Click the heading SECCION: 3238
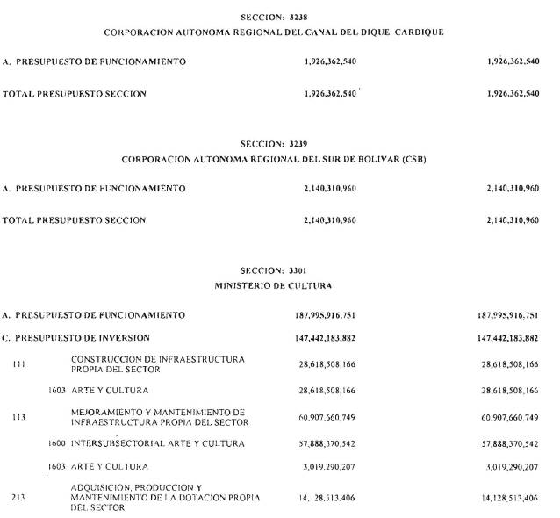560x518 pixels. tap(274, 17)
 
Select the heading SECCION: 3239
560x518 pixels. tap(274, 142)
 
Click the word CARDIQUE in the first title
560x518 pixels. tap(417, 32)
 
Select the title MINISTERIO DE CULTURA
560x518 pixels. tap(274, 286)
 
